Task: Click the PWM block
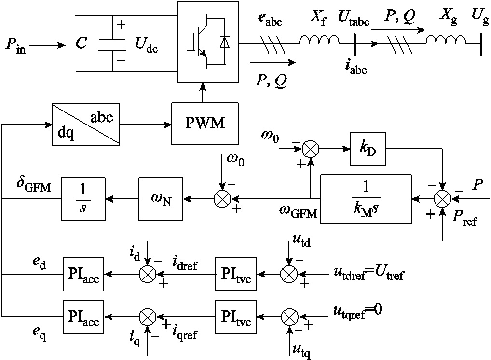click(x=205, y=123)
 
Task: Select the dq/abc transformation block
click(x=85, y=123)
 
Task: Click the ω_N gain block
click(x=159, y=198)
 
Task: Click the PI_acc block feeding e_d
click(x=82, y=274)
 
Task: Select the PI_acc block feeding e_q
click(x=82, y=317)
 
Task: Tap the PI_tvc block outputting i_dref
click(x=236, y=274)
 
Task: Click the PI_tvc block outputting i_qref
click(x=236, y=317)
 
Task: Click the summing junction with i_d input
click(x=146, y=274)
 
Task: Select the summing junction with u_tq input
click(x=289, y=317)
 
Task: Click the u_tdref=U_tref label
click(x=368, y=274)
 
